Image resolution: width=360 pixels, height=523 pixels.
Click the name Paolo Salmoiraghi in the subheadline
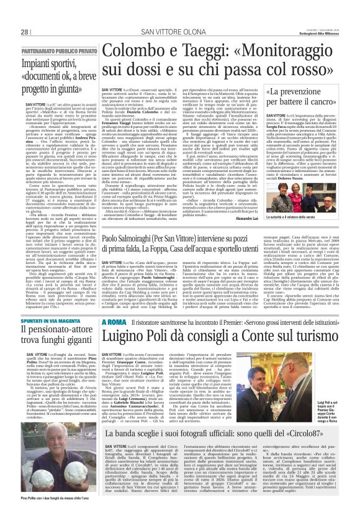click(128, 239)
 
